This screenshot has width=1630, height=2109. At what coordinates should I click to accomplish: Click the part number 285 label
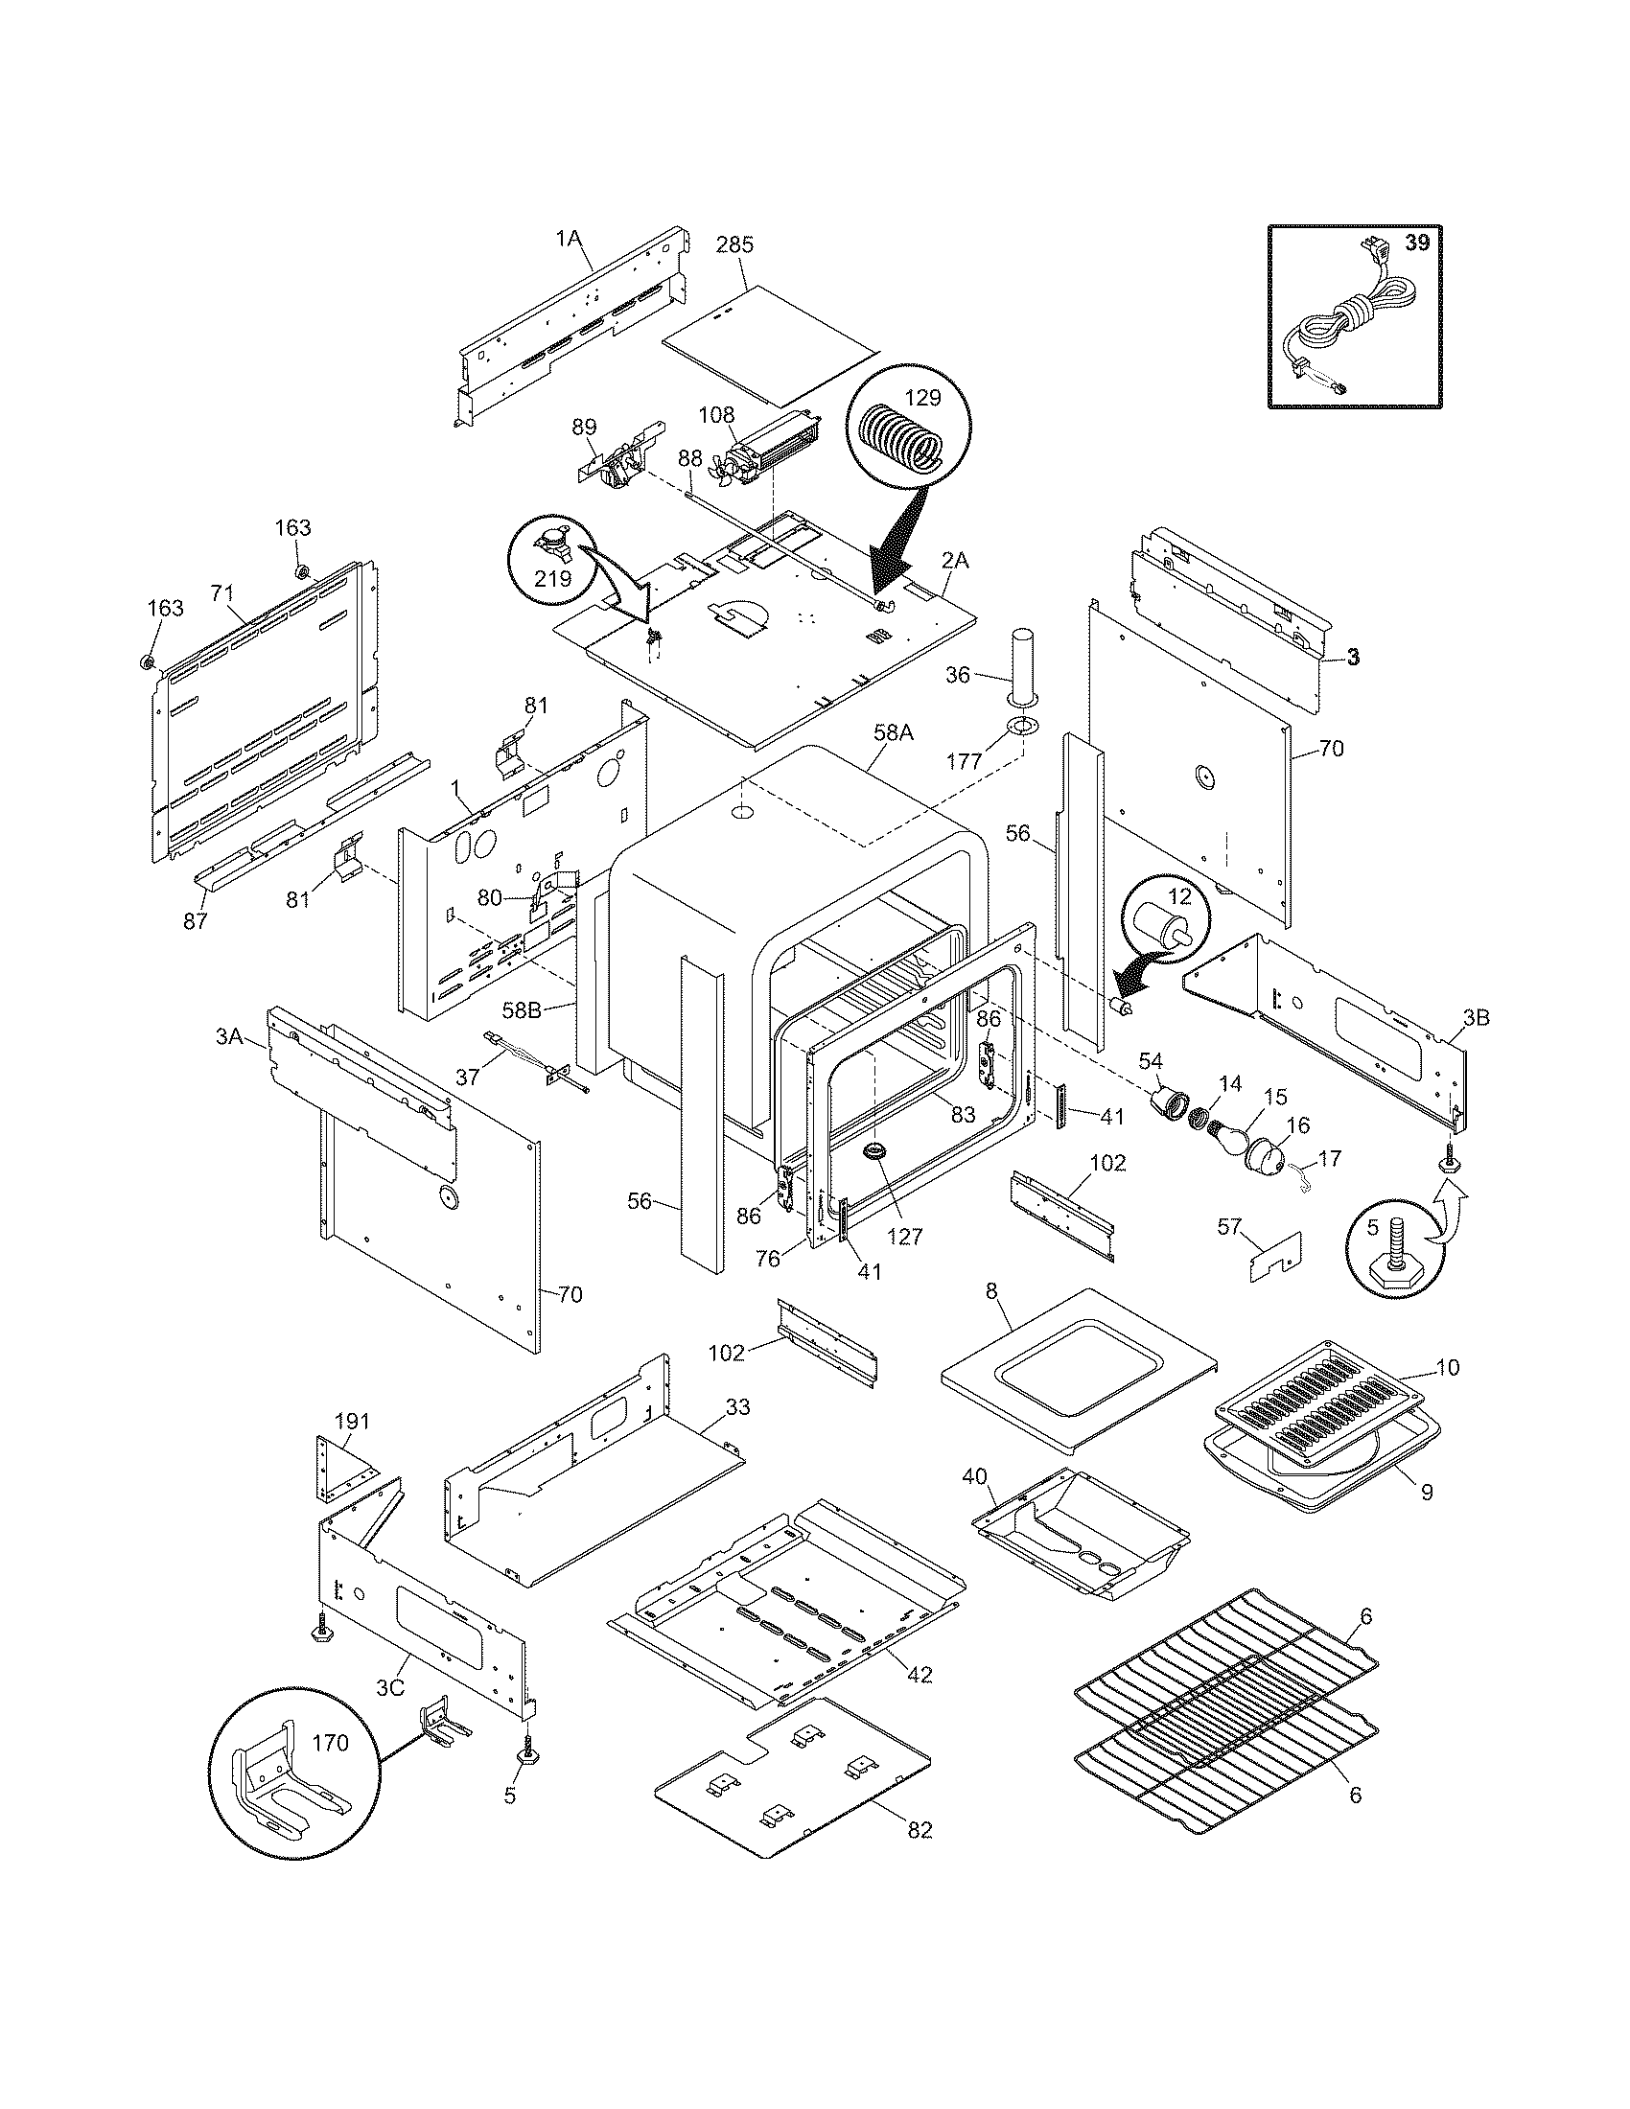pyautogui.click(x=733, y=244)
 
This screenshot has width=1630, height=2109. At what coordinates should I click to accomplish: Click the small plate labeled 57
pyautogui.click(x=1275, y=1257)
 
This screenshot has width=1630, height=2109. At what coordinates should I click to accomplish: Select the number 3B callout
pyautogui.click(x=1475, y=1017)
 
